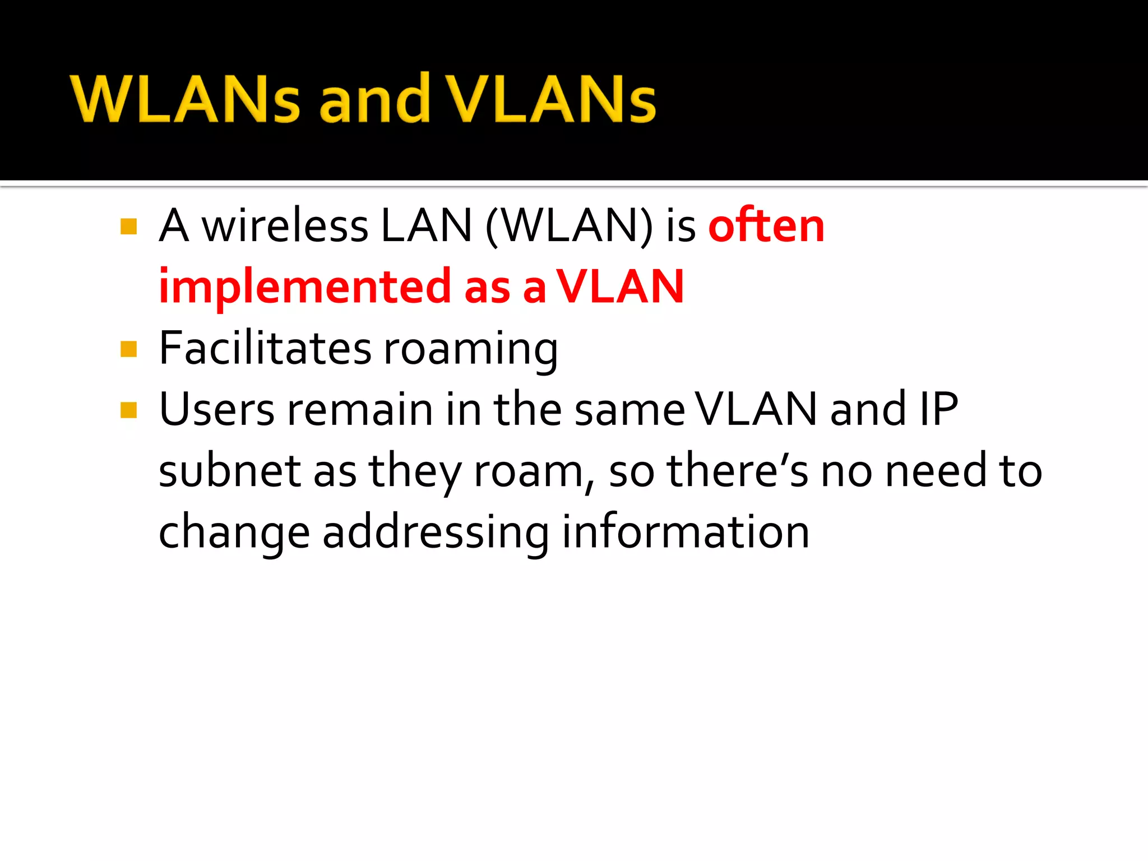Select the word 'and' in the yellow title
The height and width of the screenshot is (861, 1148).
[374, 100]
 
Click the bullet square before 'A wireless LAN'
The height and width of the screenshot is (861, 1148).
[129, 226]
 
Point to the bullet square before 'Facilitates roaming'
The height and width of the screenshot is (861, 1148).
[129, 349]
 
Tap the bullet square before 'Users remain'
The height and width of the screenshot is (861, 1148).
[129, 410]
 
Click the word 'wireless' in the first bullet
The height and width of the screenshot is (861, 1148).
[285, 226]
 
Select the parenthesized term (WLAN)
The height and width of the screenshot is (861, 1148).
[569, 226]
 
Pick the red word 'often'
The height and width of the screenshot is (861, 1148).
[766, 226]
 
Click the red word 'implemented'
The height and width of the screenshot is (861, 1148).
[304, 287]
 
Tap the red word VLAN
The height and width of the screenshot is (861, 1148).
[620, 287]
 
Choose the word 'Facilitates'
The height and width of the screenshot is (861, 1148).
[265, 348]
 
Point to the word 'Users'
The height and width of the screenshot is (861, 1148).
[217, 409]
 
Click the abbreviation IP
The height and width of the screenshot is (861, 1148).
[939, 409]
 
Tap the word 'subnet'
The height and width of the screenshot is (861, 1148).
[230, 471]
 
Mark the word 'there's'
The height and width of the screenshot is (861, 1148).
[737, 471]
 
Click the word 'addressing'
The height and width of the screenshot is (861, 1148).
[436, 533]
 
